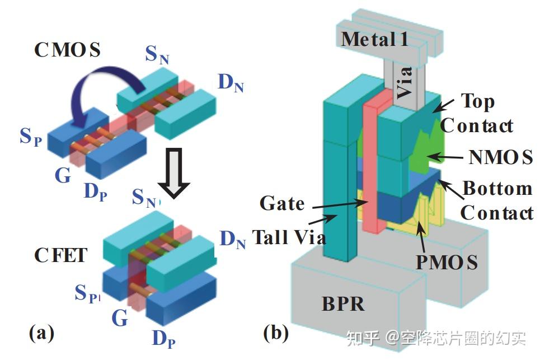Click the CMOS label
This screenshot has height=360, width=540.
[68, 50]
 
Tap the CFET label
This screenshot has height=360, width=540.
[60, 255]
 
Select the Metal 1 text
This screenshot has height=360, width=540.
[374, 39]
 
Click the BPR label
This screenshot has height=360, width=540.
[343, 304]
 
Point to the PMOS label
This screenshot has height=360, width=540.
[447, 262]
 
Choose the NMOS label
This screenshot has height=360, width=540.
[501, 157]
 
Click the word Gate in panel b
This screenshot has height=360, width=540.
[282, 203]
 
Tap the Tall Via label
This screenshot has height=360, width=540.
[289, 237]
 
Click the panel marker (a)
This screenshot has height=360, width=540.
[41, 333]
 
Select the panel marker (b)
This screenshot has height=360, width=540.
[276, 333]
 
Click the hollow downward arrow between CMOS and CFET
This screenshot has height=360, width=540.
[174, 173]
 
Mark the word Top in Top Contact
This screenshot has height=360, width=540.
[478, 102]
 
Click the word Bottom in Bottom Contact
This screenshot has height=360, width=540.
[497, 188]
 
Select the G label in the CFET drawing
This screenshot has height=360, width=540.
[120, 317]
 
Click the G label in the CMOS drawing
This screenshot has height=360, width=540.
[63, 175]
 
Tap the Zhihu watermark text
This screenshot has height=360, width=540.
[436, 338]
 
